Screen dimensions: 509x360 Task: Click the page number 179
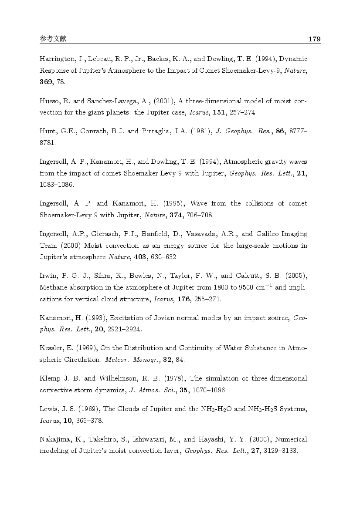coord(314,39)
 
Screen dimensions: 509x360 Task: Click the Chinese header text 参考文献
coord(53,39)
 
